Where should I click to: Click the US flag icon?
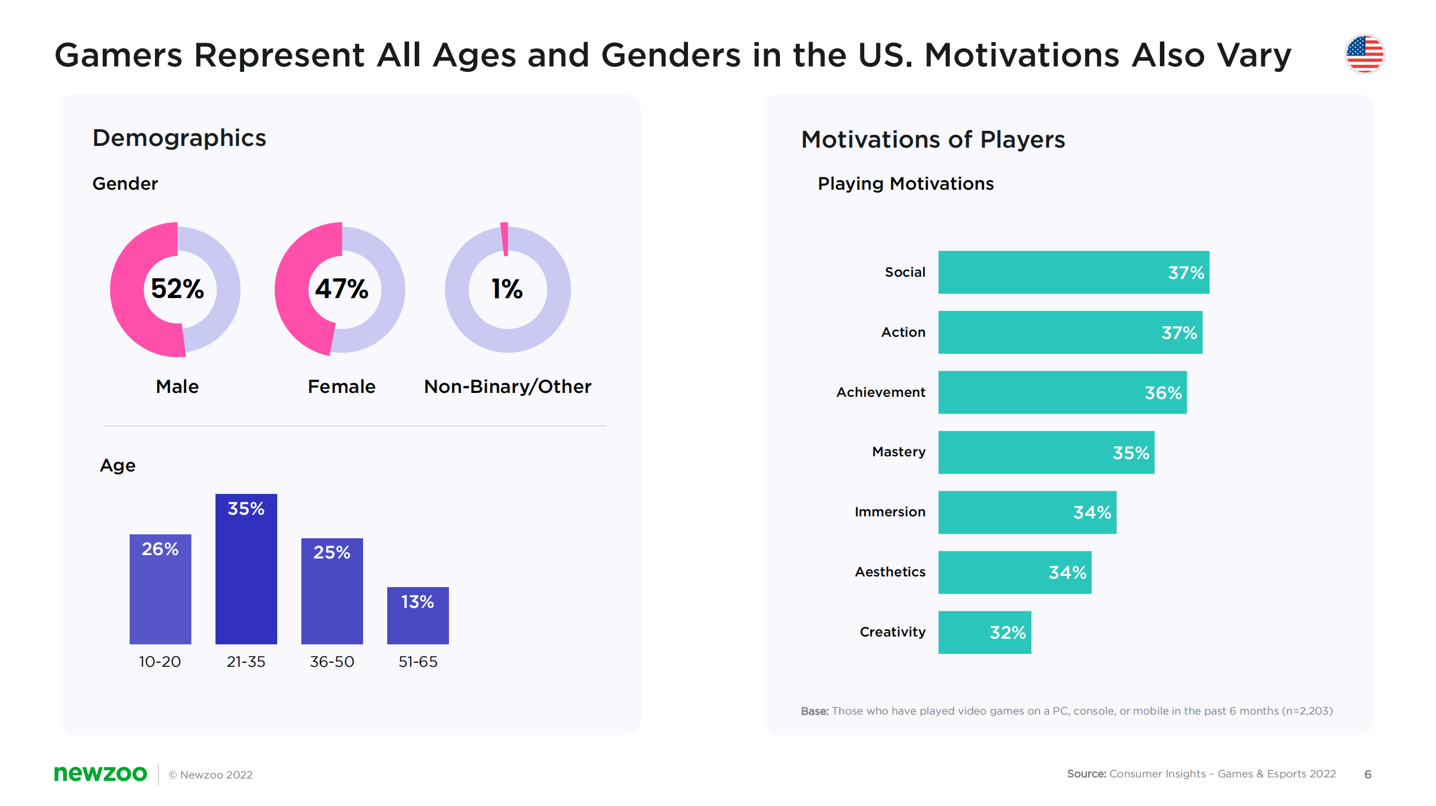(1364, 54)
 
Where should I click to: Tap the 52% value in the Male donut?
(177, 289)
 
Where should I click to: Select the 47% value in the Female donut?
(341, 289)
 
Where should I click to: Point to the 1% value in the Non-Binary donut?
(507, 289)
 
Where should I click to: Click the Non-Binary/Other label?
(507, 387)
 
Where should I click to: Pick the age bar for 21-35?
(246, 569)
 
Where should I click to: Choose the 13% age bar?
(418, 615)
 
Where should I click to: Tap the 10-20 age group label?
(160, 662)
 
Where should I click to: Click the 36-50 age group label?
(332, 662)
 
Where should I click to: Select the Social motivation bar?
(1073, 272)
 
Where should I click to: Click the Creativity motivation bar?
(984, 632)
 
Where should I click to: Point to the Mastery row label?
(898, 452)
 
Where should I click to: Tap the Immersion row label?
(889, 512)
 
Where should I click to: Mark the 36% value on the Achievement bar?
(1163, 393)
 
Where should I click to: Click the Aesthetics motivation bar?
(1014, 572)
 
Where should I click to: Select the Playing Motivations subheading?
(905, 184)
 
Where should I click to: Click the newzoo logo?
(100, 773)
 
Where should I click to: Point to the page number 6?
(1368, 775)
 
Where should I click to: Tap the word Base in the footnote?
(814, 711)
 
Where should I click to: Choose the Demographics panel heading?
(179, 138)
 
